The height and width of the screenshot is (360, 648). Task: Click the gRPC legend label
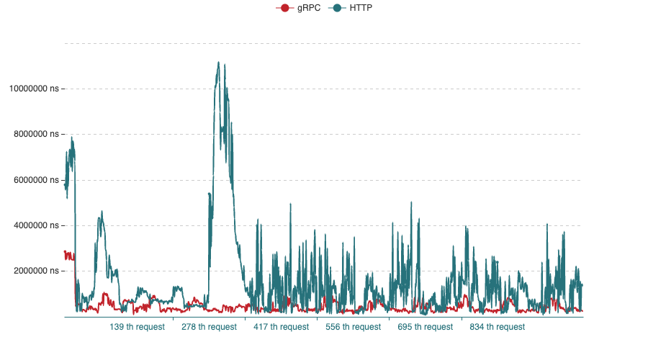[x=309, y=8]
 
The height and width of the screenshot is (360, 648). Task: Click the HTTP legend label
[x=361, y=8]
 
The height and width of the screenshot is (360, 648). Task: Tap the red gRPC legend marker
[x=284, y=8]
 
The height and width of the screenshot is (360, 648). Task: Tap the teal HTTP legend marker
[x=337, y=8]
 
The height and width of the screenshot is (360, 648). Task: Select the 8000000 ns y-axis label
[x=37, y=134]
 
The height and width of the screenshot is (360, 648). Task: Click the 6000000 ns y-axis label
[x=37, y=180]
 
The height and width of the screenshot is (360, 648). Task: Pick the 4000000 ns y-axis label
[x=37, y=225]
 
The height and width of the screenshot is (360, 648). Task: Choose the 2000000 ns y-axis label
[x=37, y=271]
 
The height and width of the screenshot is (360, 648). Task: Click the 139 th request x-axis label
[x=137, y=327]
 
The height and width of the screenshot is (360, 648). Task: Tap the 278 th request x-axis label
[x=209, y=327]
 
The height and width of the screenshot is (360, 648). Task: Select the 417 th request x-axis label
[x=281, y=327]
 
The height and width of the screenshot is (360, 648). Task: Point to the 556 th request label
[x=353, y=327]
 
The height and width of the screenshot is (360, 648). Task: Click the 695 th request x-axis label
[x=425, y=327]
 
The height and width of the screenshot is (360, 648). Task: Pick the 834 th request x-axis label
[x=497, y=327]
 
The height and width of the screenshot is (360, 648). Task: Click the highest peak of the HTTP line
[x=218, y=62]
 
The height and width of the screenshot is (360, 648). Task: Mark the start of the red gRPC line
[x=65, y=251]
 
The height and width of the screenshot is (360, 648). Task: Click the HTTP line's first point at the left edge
[x=65, y=186]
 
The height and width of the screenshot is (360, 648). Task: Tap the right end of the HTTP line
[x=582, y=285]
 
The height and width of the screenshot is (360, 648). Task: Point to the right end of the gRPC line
[x=582, y=310]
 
